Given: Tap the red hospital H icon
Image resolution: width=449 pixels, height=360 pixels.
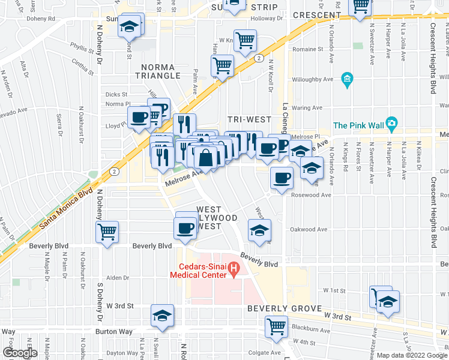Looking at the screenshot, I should (235, 272).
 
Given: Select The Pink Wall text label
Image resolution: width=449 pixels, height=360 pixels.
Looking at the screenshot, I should (358, 125).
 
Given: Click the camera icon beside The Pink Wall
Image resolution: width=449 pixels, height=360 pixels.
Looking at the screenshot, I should (391, 125).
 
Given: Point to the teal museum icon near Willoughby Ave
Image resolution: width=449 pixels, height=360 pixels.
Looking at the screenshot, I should (346, 79).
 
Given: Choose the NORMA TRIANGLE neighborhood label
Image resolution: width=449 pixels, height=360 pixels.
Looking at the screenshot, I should (160, 71).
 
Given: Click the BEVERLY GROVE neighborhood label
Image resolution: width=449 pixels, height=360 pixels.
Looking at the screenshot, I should (277, 308).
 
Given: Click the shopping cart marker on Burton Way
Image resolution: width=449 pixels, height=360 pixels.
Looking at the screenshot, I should (276, 326).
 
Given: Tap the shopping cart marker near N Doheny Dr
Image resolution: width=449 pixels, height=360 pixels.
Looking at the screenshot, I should (107, 230).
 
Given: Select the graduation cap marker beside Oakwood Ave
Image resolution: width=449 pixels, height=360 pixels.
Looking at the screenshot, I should (259, 230).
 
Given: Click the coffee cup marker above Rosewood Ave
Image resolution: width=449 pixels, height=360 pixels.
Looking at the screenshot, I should (281, 177).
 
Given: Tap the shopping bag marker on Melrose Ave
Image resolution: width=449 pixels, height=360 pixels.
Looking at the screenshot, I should (205, 158).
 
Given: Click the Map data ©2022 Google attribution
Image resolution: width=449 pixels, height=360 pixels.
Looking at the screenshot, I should (412, 355).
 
